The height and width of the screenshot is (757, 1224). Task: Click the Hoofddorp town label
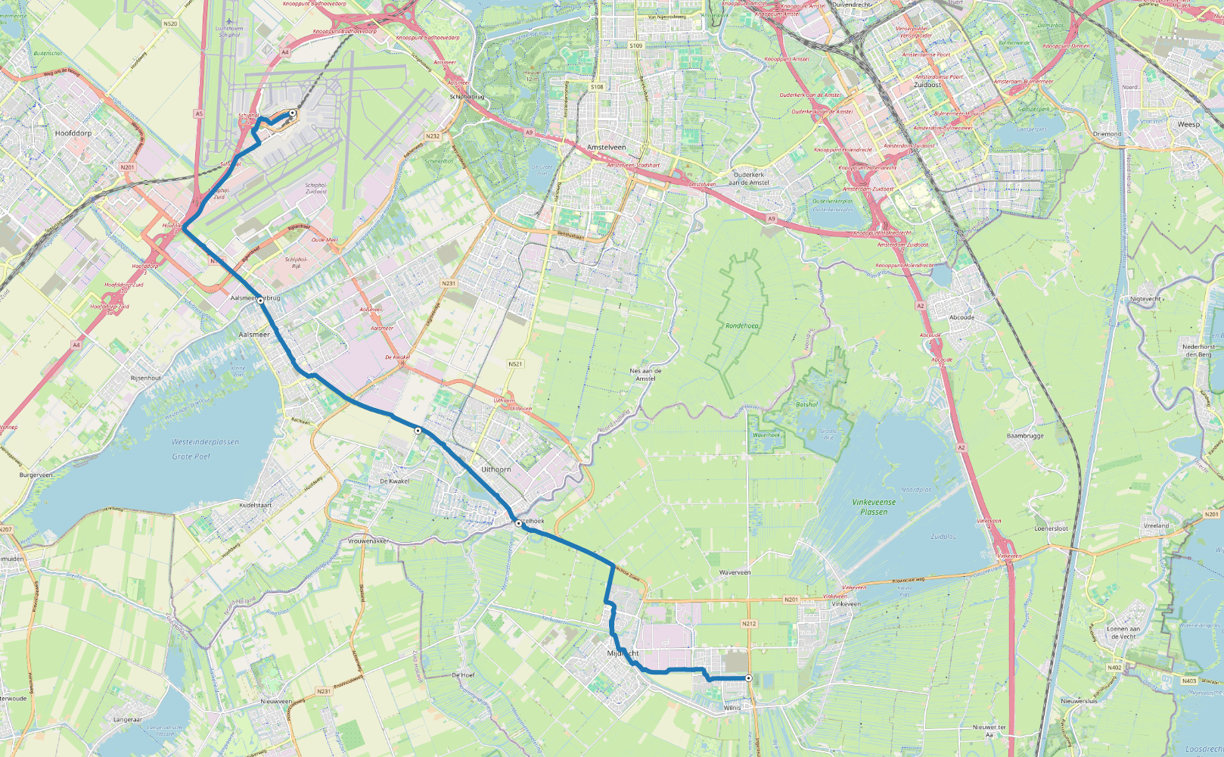73,133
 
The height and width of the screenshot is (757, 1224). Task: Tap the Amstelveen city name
607,147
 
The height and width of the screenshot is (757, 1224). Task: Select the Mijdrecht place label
623,653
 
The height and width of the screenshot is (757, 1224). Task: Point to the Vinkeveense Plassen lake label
874,507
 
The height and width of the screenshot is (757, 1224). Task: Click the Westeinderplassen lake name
205,441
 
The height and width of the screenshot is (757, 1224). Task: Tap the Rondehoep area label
742,326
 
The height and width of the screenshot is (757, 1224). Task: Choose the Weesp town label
1188,124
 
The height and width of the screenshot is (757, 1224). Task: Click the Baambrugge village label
1025,436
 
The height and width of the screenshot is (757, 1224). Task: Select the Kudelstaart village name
256,505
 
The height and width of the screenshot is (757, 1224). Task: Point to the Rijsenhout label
146,378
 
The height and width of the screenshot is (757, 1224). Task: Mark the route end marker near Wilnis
748,678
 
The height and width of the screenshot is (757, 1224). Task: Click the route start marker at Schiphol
292,113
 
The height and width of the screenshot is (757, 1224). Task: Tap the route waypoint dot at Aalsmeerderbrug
260,301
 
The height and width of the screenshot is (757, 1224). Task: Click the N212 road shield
749,624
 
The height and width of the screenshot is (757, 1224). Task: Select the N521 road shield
515,364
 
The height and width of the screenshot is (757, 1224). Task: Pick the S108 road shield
597,87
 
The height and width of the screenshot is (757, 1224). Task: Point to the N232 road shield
433,136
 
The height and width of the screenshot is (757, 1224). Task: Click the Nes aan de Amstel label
645,375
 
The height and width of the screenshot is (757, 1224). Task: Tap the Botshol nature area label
806,404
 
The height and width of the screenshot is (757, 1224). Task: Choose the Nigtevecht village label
1145,299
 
